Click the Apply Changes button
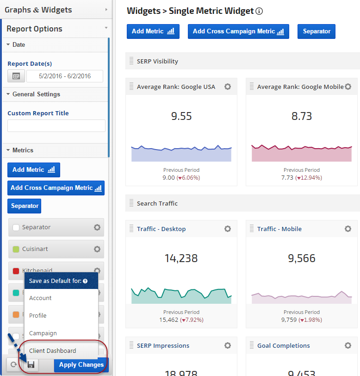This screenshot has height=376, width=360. (x=81, y=365)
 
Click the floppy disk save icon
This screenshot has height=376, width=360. (x=31, y=365)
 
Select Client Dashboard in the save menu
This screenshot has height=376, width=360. (x=52, y=351)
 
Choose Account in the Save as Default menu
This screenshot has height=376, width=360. (x=40, y=298)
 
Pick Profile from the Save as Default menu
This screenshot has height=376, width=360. (x=38, y=316)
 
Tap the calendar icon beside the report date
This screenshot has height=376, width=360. (x=16, y=76)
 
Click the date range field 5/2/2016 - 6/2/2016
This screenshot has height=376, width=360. (x=65, y=76)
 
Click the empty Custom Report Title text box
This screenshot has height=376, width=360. (x=56, y=125)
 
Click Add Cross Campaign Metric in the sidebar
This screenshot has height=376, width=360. (x=56, y=188)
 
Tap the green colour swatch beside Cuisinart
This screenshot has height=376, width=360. (x=16, y=249)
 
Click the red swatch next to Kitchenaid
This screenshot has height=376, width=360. (x=16, y=270)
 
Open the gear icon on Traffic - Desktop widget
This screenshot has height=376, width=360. (x=228, y=229)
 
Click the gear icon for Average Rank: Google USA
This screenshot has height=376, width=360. (x=228, y=87)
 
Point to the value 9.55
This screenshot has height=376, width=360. (x=181, y=116)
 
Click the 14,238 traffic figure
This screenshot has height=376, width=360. (x=181, y=258)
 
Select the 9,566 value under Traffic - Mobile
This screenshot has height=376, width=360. (x=302, y=258)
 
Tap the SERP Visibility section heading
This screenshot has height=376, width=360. (x=157, y=61)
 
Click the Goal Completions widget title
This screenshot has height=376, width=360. (x=284, y=345)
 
